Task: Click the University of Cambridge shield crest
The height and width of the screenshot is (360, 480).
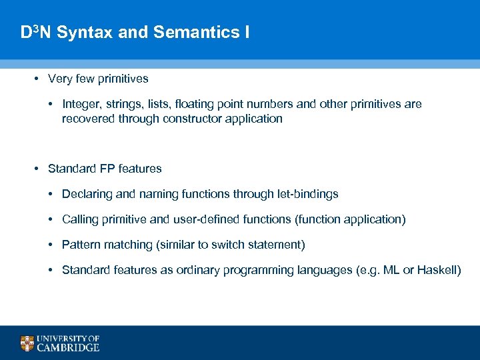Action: (x=27, y=343)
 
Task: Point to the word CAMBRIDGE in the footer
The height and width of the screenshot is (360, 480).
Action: (x=68, y=347)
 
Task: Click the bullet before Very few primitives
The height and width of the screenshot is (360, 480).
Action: (x=37, y=79)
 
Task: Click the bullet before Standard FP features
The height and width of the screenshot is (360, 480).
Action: (x=37, y=169)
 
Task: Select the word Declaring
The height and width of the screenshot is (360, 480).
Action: (x=85, y=195)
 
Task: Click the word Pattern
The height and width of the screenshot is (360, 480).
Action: (x=80, y=245)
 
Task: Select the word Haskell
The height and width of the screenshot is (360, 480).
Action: (x=437, y=271)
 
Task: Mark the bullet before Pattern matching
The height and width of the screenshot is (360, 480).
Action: (x=51, y=245)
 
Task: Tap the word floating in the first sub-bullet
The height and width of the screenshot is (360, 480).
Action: (x=189, y=105)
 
